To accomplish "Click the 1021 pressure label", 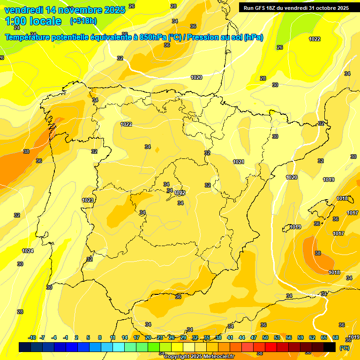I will (239, 162).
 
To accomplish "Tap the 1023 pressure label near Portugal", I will (88, 200).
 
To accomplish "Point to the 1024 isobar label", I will (28, 251).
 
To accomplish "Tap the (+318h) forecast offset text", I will (83, 21).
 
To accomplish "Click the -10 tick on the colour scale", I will (32, 337).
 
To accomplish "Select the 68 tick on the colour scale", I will (336, 337).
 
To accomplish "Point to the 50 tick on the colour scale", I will (265, 337).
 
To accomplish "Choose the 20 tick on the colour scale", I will (148, 337).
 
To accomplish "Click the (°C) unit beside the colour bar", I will (344, 348).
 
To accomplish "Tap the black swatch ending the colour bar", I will (330, 347).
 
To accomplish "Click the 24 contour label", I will (17, 28).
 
